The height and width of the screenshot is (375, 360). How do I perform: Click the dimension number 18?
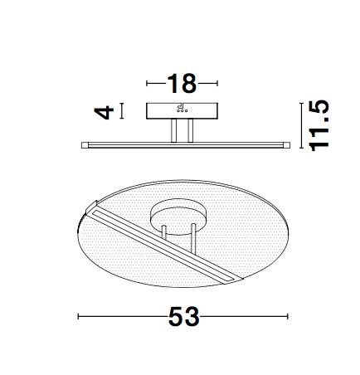182,83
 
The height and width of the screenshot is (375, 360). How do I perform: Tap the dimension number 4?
104,112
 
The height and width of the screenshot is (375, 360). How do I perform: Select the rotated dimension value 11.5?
319,125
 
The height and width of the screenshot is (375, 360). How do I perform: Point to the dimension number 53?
183,316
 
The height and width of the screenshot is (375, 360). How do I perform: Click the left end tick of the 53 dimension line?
79,316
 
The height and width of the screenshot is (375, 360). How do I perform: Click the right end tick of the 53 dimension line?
288,316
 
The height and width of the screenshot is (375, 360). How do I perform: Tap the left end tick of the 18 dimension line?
147,83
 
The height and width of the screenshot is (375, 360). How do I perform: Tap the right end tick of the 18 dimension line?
217,83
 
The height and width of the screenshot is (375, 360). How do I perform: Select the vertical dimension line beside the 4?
122,111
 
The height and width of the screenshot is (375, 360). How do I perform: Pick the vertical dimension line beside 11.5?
301,125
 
